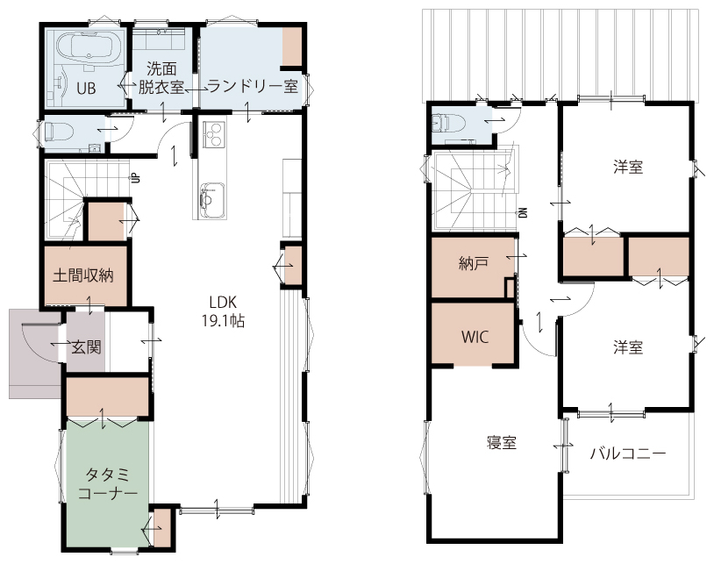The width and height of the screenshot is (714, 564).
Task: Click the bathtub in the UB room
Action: (89, 46)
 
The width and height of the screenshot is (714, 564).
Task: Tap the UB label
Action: (86, 88)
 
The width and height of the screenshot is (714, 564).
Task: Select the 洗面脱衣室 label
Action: (161, 77)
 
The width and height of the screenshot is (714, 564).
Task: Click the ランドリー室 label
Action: (253, 86)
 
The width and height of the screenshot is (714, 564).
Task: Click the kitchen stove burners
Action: (213, 134)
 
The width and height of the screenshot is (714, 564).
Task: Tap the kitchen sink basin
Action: (211, 200)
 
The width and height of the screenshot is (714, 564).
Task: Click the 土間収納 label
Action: (83, 275)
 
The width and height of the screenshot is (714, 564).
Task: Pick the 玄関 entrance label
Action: (87, 347)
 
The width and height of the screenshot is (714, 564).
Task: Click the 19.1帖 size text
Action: (223, 320)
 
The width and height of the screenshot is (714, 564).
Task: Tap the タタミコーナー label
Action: (108, 484)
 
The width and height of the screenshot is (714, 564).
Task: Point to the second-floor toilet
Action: (447, 123)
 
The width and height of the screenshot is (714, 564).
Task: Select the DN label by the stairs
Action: (523, 212)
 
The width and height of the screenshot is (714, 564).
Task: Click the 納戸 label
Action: (474, 263)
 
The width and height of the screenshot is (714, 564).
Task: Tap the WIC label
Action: (475, 338)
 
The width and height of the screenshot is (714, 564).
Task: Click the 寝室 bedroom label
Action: (502, 442)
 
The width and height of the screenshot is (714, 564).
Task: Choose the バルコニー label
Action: (628, 453)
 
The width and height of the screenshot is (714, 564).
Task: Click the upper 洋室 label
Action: (628, 167)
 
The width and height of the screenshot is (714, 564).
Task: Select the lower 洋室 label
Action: (628, 347)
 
